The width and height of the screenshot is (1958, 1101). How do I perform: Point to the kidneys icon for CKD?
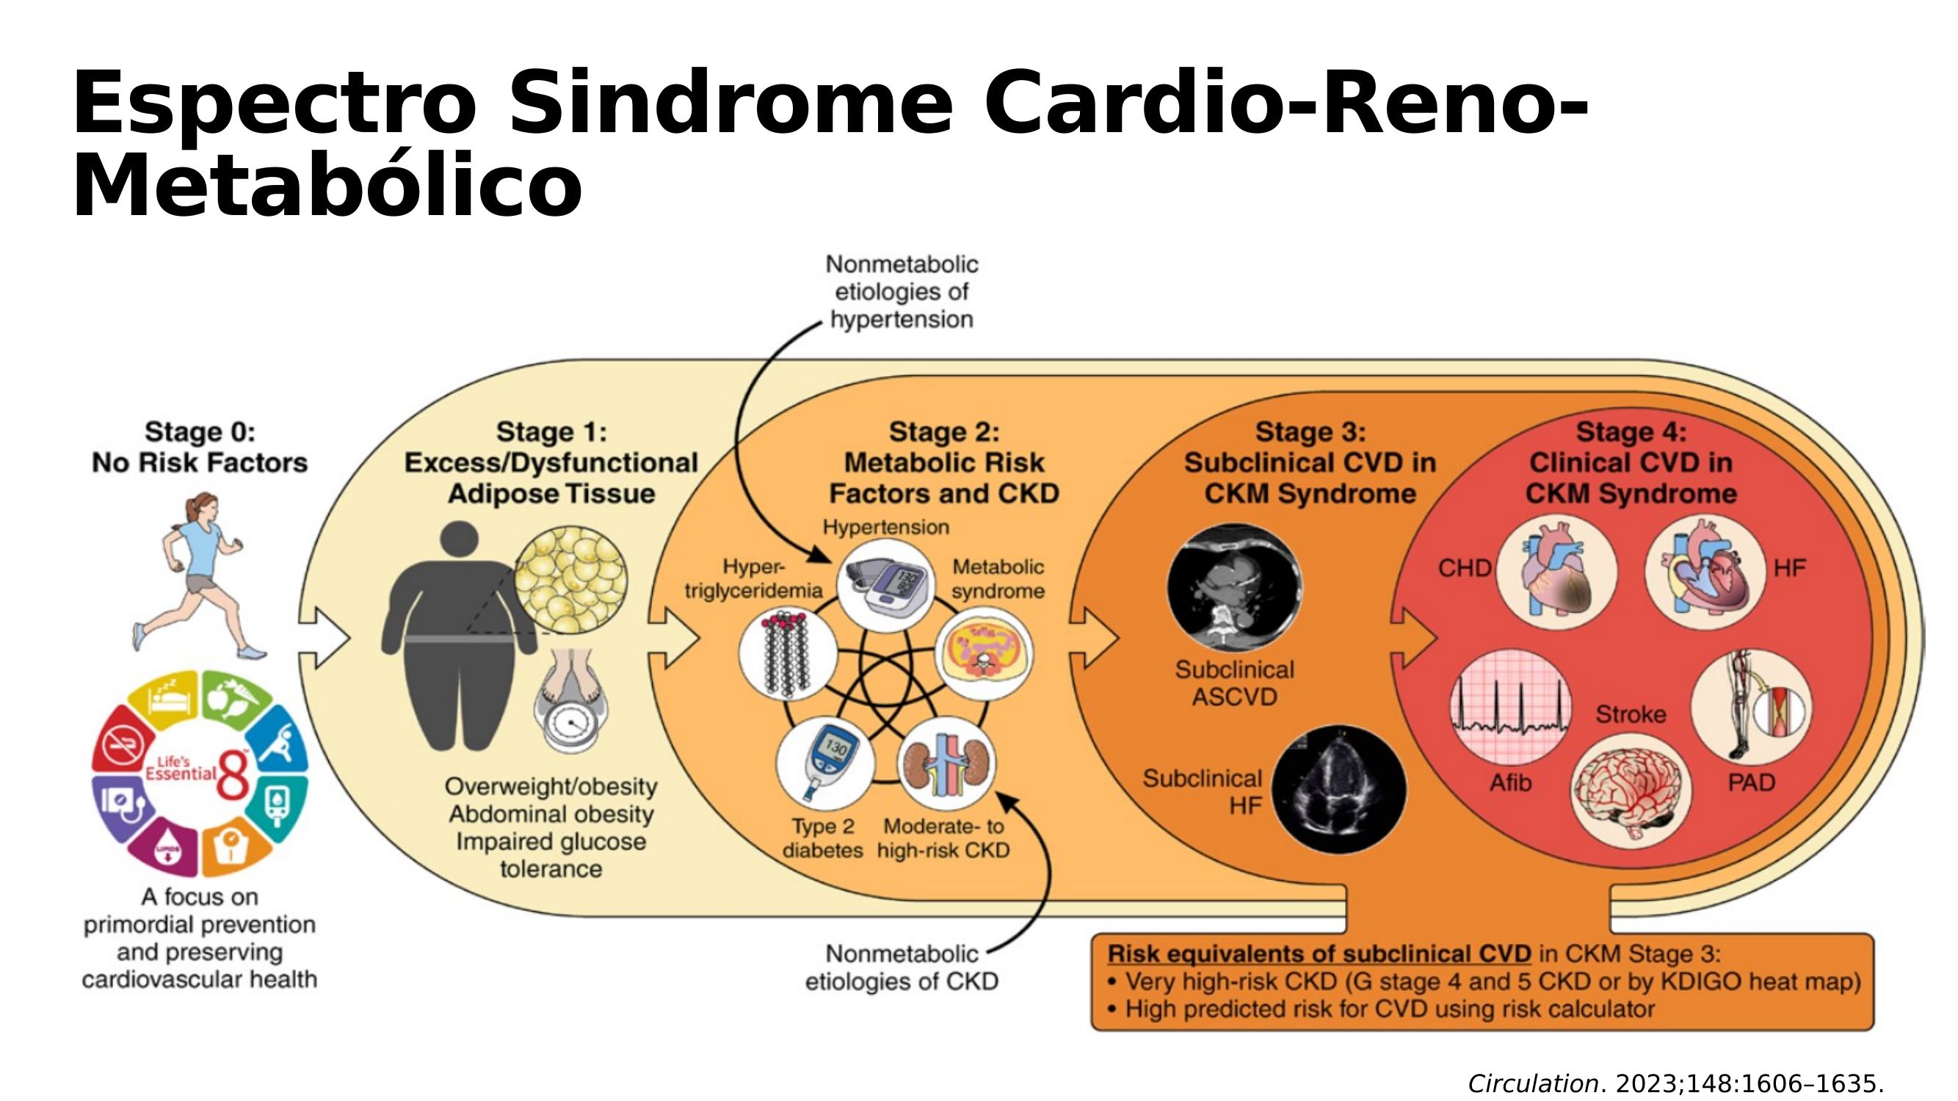(x=946, y=763)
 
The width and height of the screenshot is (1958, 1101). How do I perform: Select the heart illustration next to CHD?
(x=1556, y=575)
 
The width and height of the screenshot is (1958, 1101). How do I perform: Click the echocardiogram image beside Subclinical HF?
(x=1338, y=790)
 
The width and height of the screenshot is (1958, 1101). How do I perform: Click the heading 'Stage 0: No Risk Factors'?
(x=200, y=447)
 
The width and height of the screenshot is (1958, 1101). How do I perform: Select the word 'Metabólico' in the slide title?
(x=327, y=186)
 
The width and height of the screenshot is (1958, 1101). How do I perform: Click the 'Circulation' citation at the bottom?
(x=1533, y=1083)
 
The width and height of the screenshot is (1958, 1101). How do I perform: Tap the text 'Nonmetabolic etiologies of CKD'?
(x=902, y=967)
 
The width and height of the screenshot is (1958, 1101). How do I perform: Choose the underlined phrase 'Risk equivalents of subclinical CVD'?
(x=1319, y=954)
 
